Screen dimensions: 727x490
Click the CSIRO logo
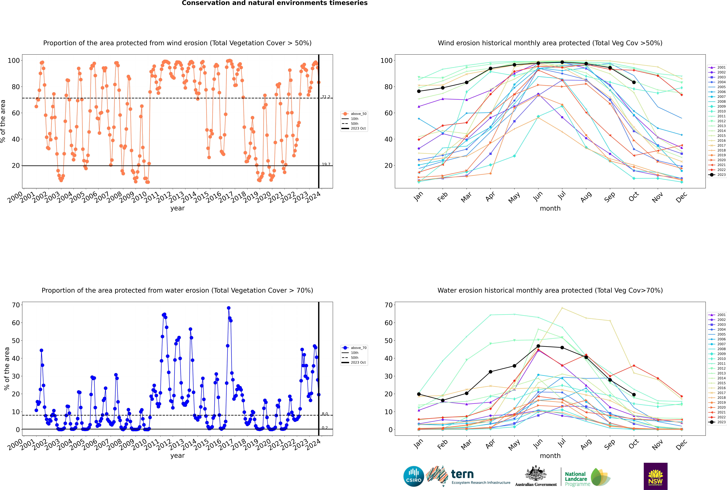pos(413,476)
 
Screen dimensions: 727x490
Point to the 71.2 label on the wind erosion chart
pos(326,97)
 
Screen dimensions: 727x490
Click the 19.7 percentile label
pos(326,164)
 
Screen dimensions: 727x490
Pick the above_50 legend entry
pos(354,114)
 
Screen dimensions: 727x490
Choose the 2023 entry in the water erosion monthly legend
pos(717,422)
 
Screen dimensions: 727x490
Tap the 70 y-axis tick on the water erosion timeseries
pos(16,305)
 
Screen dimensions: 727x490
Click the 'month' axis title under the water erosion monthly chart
pos(550,456)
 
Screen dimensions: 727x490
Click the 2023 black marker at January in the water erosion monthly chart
pos(419,394)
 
